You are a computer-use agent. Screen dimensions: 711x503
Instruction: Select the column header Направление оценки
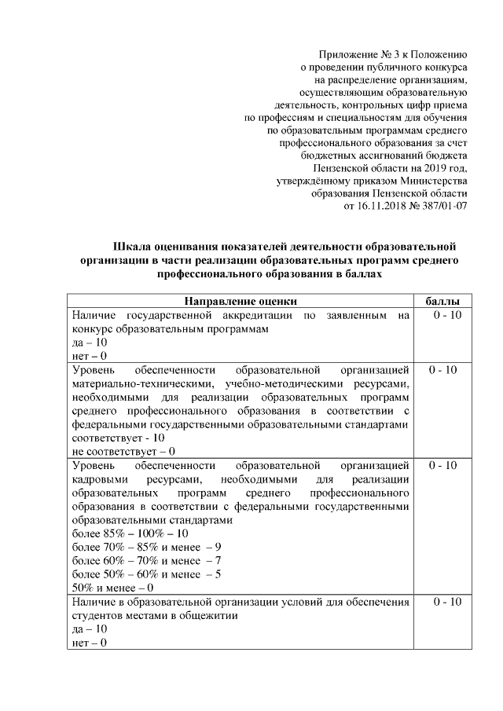tap(240, 302)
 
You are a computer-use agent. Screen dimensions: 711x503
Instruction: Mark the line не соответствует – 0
tap(123, 452)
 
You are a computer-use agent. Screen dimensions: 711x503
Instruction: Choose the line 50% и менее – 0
tap(112, 587)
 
